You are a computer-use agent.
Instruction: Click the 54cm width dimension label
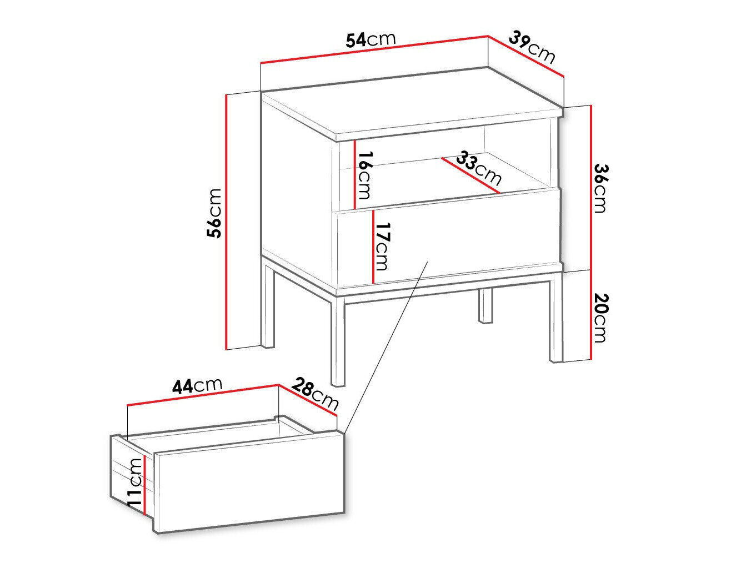tap(371, 39)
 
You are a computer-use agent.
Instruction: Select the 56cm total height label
tap(214, 213)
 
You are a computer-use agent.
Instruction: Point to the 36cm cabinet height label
tap(600, 188)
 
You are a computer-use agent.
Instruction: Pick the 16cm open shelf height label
tap(364, 175)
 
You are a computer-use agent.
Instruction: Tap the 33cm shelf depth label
tap(478, 169)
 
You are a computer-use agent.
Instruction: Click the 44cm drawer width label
tap(197, 385)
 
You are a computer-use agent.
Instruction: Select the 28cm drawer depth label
tap(315, 392)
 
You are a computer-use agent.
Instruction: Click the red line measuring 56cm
tap(227, 222)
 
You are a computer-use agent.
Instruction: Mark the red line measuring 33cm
tap(470, 175)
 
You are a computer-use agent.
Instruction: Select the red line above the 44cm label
tap(202, 395)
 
